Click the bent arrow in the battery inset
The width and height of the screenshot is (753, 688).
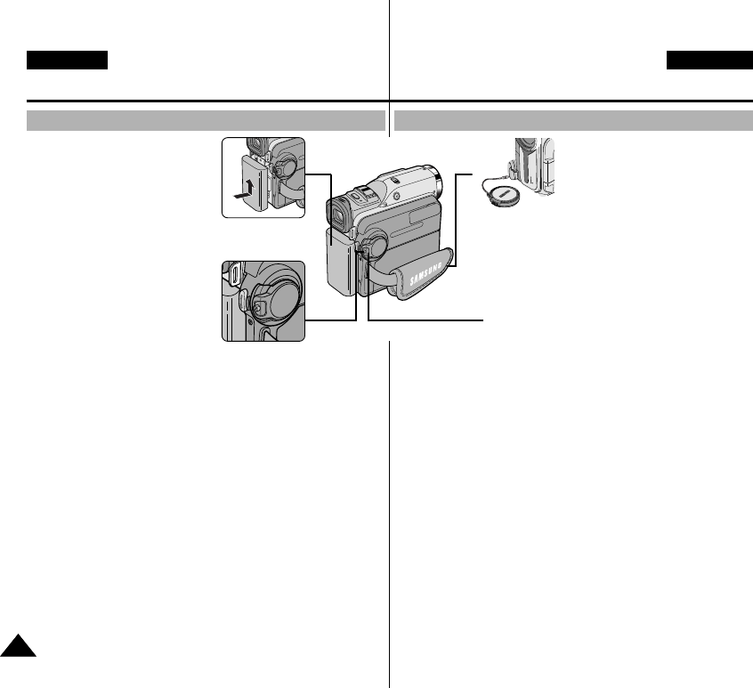point(244,188)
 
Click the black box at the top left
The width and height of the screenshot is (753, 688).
point(68,61)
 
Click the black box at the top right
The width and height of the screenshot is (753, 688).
point(710,61)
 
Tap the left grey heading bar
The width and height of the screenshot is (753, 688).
point(205,120)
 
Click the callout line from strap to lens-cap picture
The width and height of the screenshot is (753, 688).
point(457,223)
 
